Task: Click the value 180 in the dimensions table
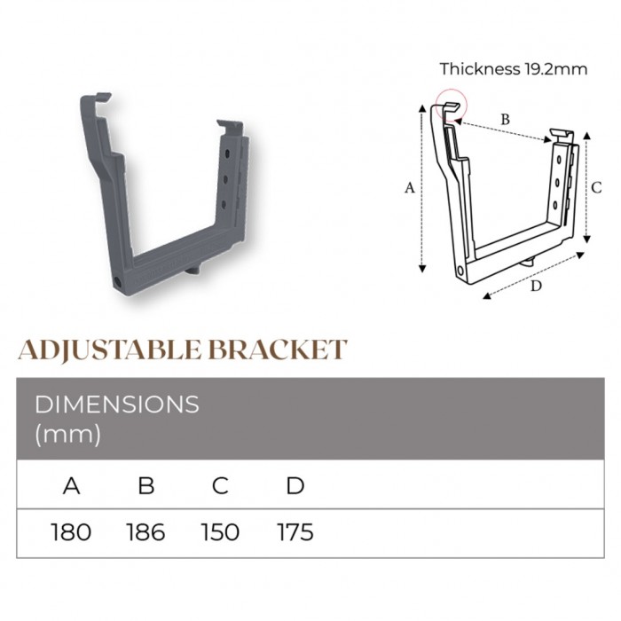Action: [71, 532]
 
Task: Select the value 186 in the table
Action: [145, 532]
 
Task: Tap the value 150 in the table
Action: [220, 532]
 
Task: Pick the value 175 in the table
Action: [295, 532]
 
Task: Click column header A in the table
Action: [71, 485]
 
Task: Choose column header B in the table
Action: [146, 485]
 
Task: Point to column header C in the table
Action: [220, 485]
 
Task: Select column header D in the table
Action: [295, 485]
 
